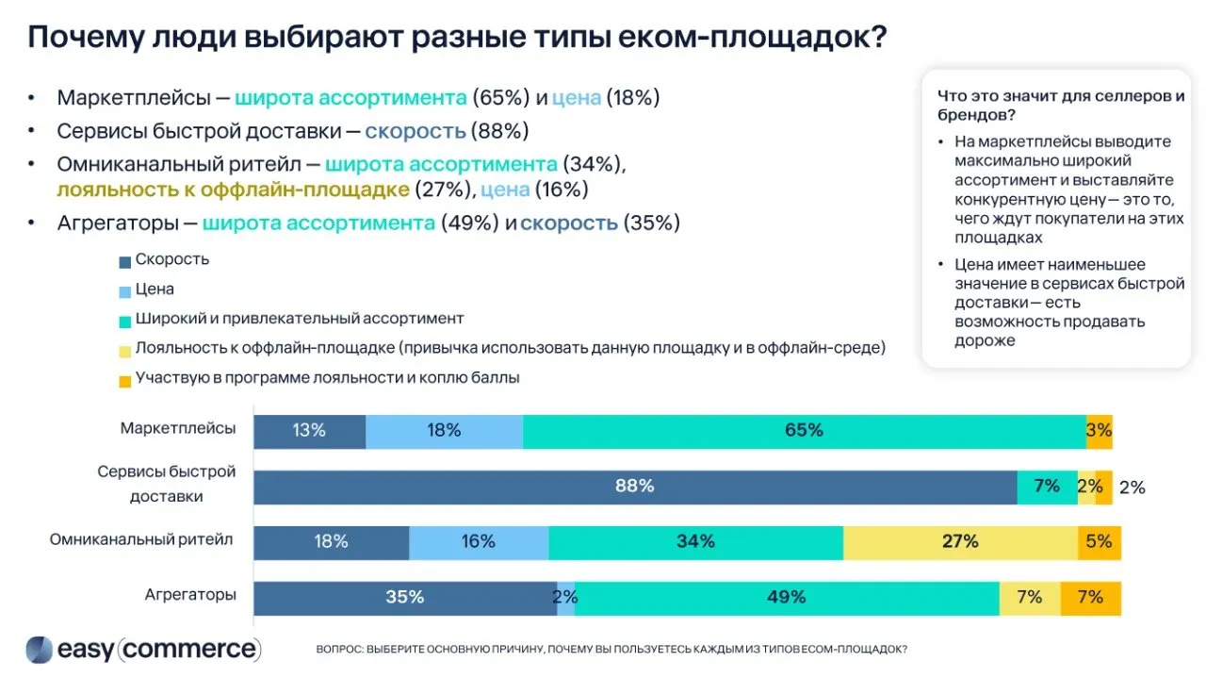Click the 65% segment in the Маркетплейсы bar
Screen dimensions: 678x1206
[804, 431]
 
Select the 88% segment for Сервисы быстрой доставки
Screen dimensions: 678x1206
[634, 487]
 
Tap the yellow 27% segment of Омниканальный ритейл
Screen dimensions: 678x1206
[960, 541]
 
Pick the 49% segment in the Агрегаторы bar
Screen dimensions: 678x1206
[786, 597]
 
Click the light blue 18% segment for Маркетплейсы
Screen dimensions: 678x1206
[444, 431]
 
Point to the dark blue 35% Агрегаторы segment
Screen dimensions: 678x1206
[404, 597]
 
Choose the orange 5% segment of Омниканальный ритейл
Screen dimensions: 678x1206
[1099, 541]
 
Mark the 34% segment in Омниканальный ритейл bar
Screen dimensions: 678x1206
[695, 541]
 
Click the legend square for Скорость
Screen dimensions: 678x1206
[125, 261]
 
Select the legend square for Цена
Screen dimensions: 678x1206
[125, 290]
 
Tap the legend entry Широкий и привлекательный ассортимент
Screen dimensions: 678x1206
[299, 319]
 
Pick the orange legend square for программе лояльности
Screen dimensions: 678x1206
[125, 379]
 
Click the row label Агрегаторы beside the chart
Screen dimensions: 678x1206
[190, 595]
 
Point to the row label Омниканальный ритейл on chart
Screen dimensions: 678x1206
[141, 540]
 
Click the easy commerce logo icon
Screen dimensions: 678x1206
[39, 650]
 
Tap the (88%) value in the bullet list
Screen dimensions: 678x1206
[499, 131]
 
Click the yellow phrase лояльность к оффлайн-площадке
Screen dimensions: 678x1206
[233, 190]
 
